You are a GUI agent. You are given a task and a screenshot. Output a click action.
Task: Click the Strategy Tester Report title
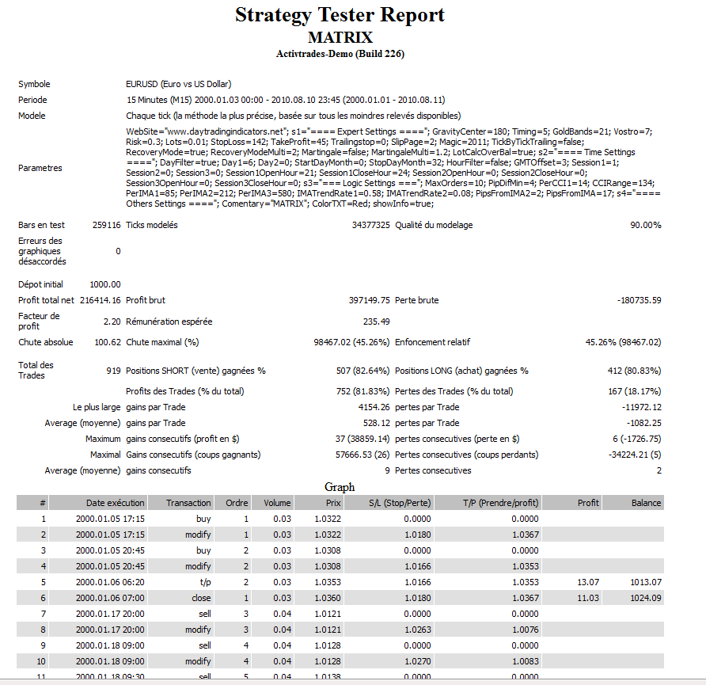(x=340, y=15)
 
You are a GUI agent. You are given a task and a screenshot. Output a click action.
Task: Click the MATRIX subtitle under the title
(x=340, y=37)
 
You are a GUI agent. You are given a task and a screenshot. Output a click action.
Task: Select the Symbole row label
(x=34, y=84)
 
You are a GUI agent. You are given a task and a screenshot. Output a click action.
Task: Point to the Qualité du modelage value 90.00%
(x=645, y=225)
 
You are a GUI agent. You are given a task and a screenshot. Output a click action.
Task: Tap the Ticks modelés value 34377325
(x=371, y=225)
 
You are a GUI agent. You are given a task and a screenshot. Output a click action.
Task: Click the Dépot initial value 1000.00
(x=105, y=284)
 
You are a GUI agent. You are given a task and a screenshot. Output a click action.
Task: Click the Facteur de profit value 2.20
(x=112, y=322)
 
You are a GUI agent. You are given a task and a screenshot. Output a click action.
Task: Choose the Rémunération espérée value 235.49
(x=376, y=322)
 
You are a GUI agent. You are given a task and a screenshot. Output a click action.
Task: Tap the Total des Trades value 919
(x=113, y=371)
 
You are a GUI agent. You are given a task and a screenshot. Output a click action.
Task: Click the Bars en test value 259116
(x=106, y=225)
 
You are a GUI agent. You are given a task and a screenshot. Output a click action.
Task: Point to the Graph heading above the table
(x=340, y=487)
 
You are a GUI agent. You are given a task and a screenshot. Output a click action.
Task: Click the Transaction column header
(x=188, y=503)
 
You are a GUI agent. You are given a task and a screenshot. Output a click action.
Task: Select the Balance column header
(x=646, y=503)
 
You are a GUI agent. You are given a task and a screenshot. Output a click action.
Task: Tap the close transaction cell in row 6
(x=203, y=598)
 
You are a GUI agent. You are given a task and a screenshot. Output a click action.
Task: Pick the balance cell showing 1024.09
(x=646, y=598)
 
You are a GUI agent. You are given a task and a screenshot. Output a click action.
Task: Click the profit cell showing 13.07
(x=588, y=582)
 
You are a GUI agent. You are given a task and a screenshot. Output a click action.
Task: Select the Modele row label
(x=32, y=116)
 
